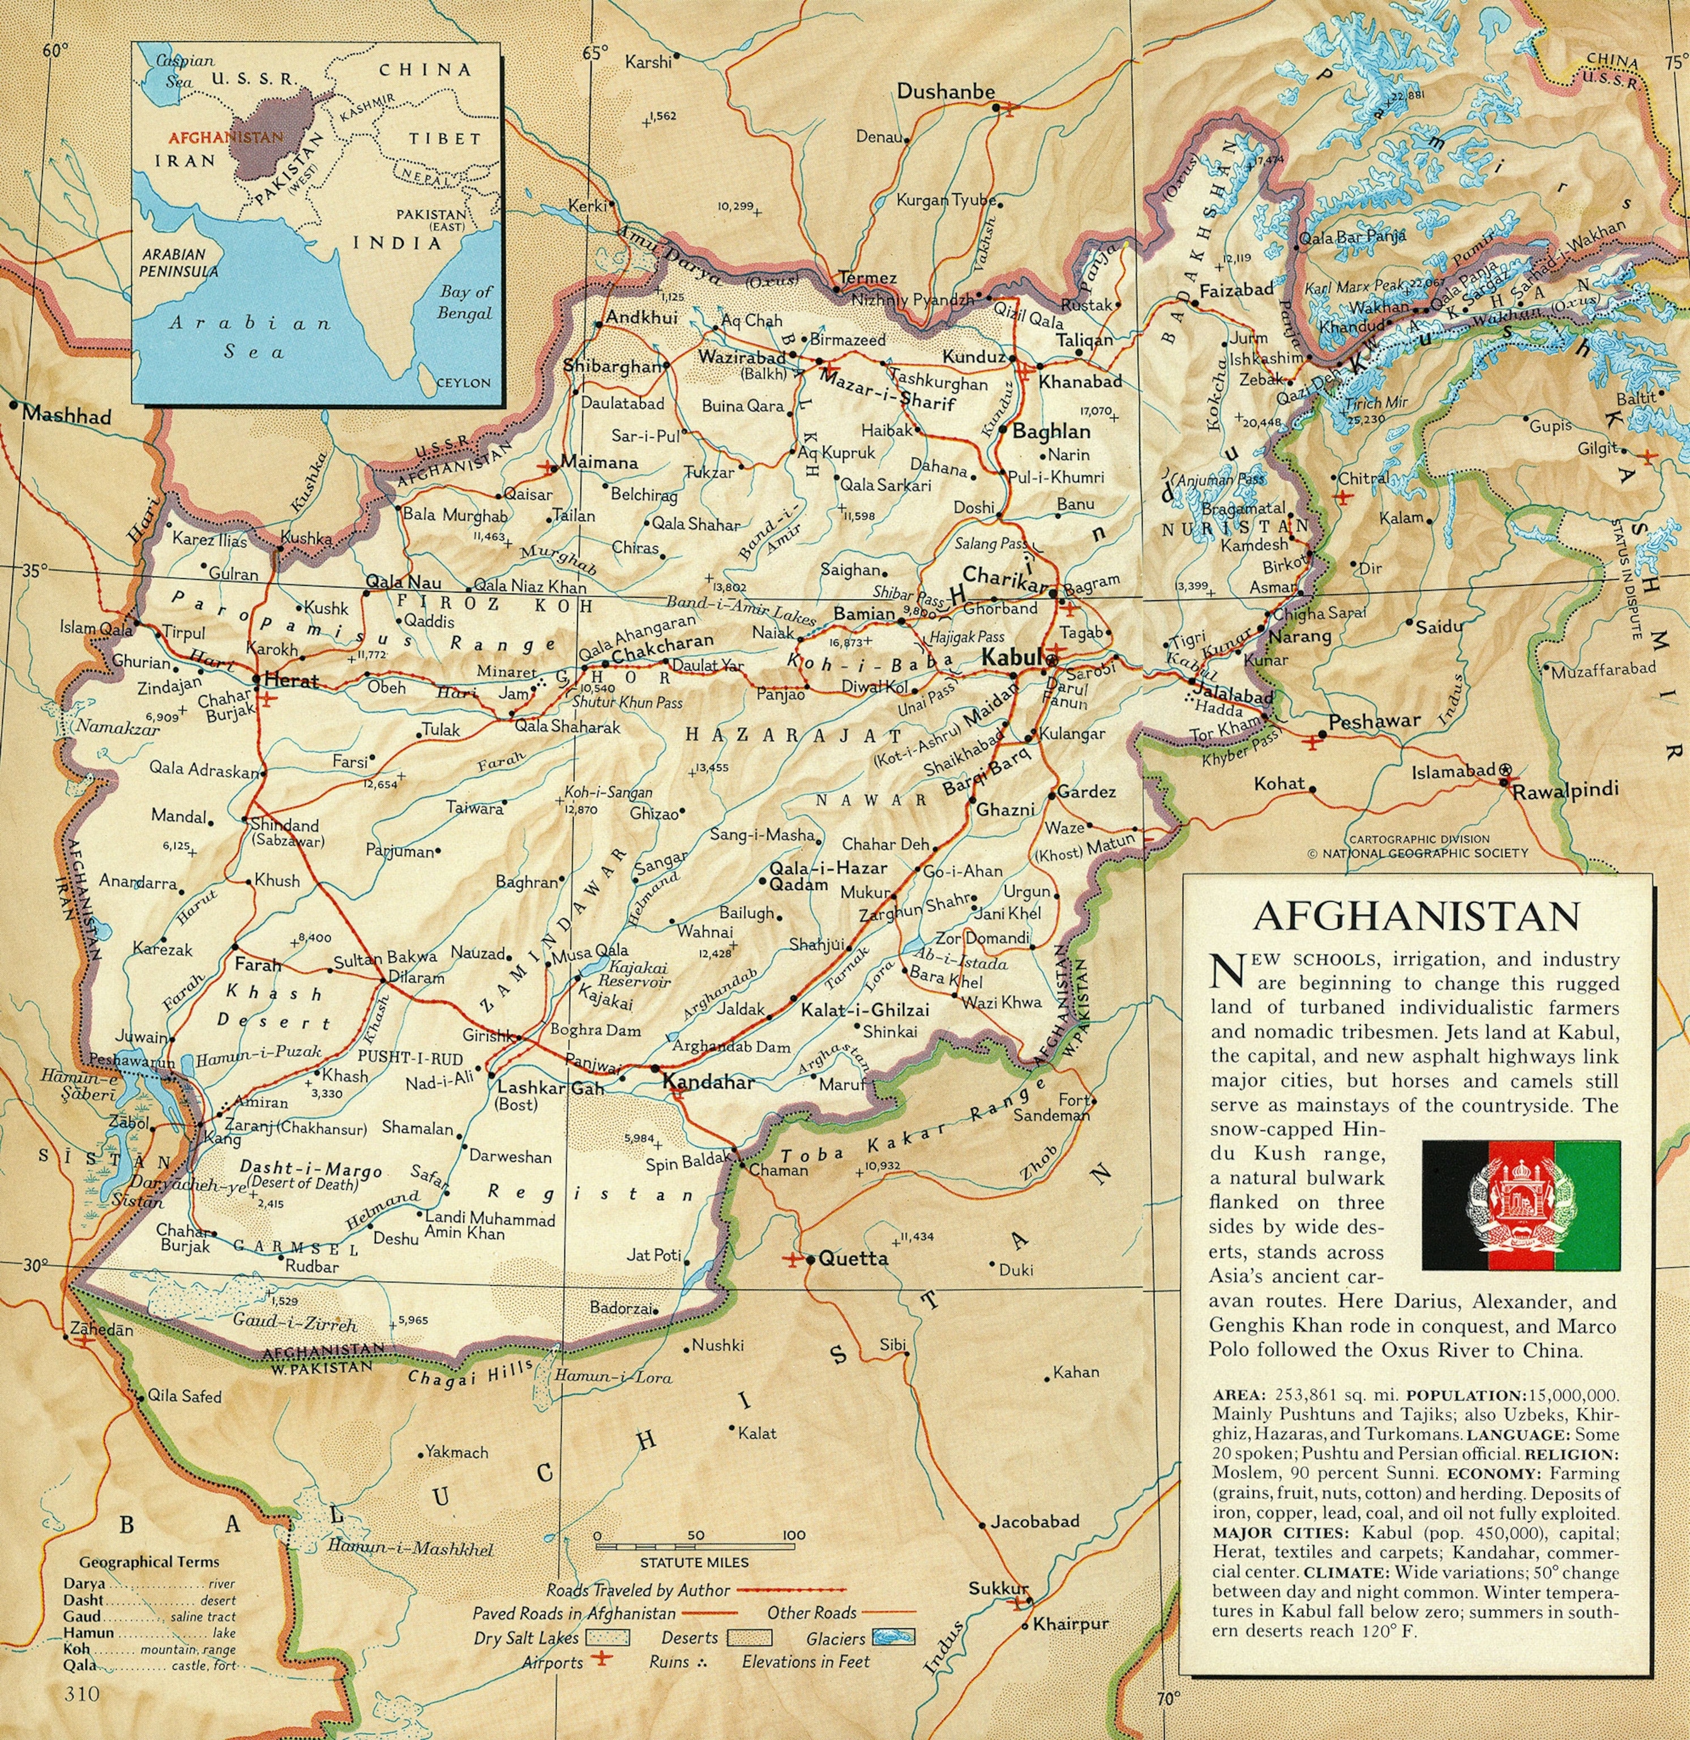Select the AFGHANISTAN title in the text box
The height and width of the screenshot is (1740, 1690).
tap(1415, 916)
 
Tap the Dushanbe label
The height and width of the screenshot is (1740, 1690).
tap(945, 91)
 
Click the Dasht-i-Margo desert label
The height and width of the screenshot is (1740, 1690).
tap(311, 1170)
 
